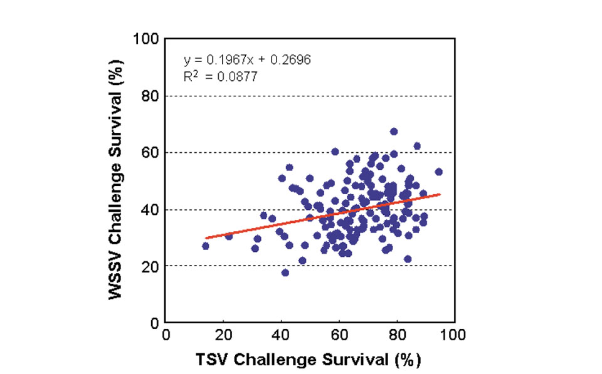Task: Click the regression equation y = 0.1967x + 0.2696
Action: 247,60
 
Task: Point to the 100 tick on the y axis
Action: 146,39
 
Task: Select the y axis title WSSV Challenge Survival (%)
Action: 115,181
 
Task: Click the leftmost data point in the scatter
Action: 206,246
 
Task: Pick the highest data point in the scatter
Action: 394,132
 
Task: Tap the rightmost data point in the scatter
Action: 439,172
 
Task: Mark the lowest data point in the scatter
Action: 285,273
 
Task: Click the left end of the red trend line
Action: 206,238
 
